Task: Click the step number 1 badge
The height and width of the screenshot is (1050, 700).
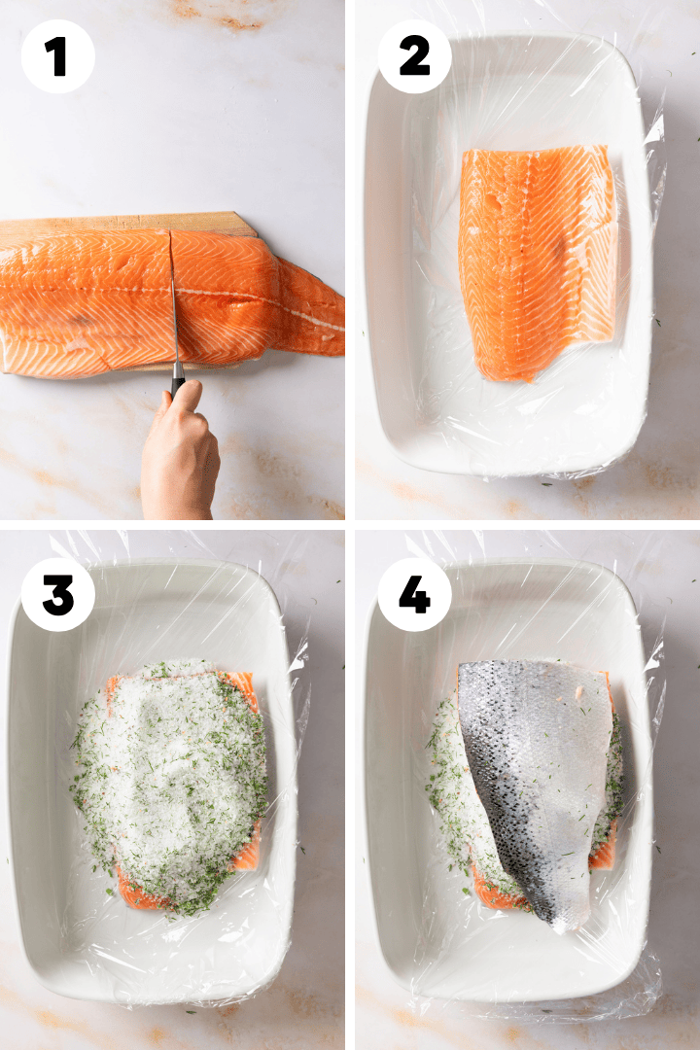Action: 57,57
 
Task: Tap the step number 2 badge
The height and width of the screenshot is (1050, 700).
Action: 414,57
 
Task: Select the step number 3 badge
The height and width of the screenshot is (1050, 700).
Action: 57,594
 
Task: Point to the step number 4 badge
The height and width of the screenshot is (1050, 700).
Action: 414,594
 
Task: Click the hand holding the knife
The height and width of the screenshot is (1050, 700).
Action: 180,452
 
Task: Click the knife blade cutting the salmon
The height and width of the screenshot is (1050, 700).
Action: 174,301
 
